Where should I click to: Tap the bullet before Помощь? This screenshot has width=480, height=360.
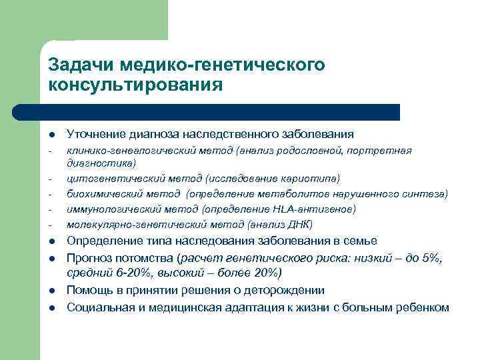(51, 291)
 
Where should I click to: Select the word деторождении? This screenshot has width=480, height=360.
(285, 291)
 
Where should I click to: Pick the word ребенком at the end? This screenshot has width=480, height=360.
(426, 307)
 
